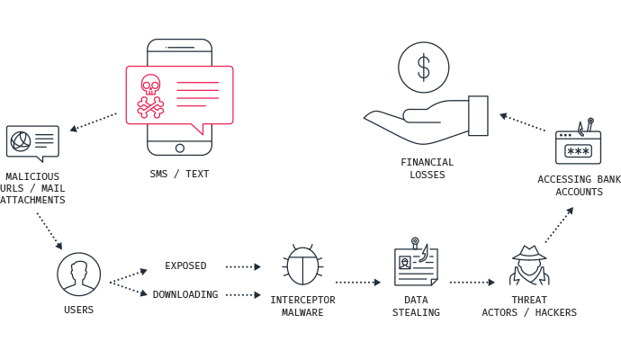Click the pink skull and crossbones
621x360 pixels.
coord(150,96)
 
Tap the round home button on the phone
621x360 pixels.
coord(180,148)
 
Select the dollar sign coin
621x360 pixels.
coord(424,67)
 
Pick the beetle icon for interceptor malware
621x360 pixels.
coord(302,265)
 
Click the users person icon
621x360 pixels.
coord(79,274)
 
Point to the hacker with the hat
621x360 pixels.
coord(529,265)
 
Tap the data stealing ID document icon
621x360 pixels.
coord(416,262)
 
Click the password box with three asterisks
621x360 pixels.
coord(578,151)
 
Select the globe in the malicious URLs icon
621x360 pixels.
coord(21,141)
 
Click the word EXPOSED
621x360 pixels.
coord(185,265)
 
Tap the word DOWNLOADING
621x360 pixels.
coord(185,294)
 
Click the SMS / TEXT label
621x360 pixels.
coord(179,174)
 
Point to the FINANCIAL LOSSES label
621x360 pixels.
coord(427,168)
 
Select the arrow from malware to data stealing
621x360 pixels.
coord(358,283)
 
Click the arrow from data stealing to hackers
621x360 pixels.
coord(472,283)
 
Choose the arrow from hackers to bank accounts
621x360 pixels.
coord(559,225)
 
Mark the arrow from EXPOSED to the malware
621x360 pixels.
coord(243,267)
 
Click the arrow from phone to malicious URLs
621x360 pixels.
coord(93,122)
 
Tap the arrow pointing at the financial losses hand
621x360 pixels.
coord(522,122)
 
